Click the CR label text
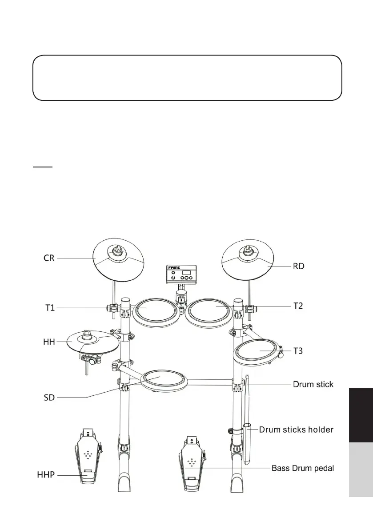[48, 258]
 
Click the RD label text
[298, 266]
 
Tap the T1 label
[50, 307]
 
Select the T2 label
[298, 306]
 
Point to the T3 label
[298, 351]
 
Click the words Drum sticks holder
[296, 430]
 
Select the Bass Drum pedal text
[302, 468]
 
